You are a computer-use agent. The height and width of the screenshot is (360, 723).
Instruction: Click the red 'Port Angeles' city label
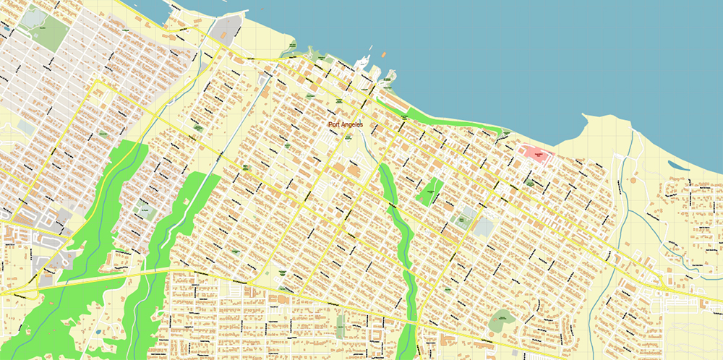pyautogui.click(x=345, y=125)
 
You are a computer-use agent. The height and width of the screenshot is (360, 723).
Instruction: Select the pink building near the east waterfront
pyautogui.click(x=536, y=153)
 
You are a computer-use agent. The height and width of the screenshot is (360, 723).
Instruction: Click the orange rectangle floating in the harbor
pyautogui.click(x=383, y=54)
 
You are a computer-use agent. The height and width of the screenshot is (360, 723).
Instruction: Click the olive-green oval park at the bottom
pyautogui.click(x=502, y=318)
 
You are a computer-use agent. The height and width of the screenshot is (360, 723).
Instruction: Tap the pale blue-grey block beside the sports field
pyautogui.click(x=484, y=227)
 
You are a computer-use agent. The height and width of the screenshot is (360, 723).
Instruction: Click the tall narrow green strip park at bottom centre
pyautogui.click(x=341, y=325)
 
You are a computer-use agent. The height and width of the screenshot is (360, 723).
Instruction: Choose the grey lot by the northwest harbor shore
pyautogui.click(x=230, y=29)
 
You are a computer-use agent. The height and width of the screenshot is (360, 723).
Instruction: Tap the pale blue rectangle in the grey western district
pyautogui.click(x=27, y=128)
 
